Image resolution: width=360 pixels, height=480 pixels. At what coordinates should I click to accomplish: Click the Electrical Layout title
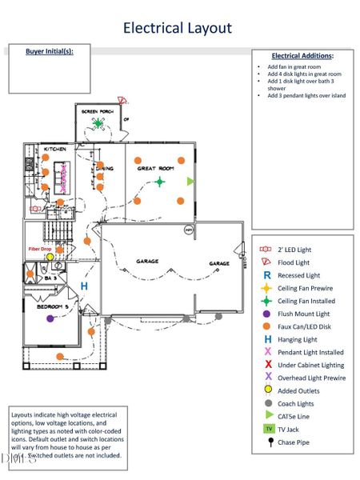click(x=177, y=28)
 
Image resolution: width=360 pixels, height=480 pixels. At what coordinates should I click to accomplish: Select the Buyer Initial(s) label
click(x=50, y=51)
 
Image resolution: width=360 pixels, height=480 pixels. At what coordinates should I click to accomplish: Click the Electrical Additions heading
click(x=302, y=56)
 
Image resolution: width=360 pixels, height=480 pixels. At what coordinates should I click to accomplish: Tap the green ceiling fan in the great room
click(x=159, y=182)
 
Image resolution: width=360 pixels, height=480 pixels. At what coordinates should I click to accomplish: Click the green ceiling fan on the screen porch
click(x=98, y=122)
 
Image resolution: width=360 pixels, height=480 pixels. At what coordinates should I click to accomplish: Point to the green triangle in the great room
click(x=190, y=182)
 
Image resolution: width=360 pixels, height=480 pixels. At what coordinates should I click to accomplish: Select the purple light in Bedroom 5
click(x=50, y=318)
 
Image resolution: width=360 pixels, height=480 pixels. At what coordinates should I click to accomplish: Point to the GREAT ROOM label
click(x=155, y=169)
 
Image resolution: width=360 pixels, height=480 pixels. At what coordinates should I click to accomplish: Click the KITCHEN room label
click(x=54, y=150)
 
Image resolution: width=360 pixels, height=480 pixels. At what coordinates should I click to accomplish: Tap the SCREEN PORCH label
click(x=98, y=110)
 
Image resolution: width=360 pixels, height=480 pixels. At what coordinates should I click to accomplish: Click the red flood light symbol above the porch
click(x=122, y=101)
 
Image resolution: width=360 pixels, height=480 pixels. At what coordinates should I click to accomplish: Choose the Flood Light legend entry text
click(x=294, y=262)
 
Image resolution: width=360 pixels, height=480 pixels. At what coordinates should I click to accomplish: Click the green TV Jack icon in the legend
click(x=268, y=429)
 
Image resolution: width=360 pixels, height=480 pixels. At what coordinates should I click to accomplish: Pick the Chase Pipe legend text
click(x=294, y=442)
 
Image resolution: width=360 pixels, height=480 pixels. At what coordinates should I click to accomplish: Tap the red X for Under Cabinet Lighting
click(x=268, y=365)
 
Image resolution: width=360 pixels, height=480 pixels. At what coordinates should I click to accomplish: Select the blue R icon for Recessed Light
click(x=268, y=275)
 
